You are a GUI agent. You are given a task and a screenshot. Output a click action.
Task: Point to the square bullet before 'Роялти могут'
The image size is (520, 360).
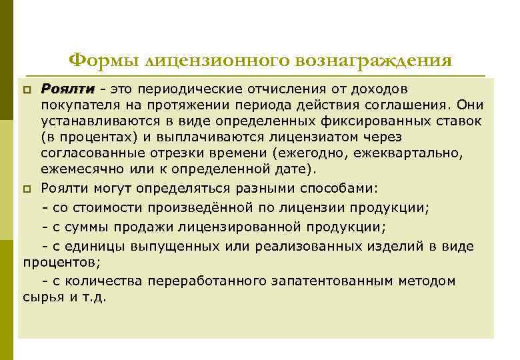click(27, 189)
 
